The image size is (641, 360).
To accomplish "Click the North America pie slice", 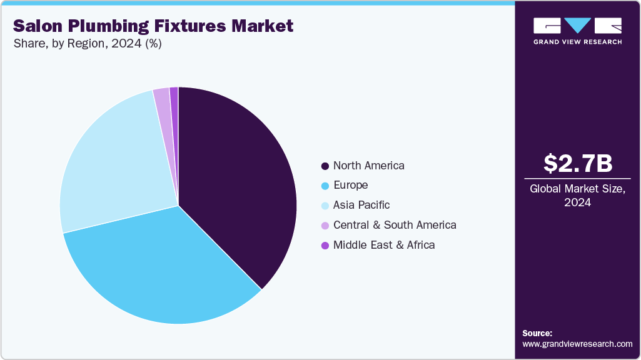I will (238, 181).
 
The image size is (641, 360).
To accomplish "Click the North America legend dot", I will (325, 166).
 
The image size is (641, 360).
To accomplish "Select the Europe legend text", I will (350, 186).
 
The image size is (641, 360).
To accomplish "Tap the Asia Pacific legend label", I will (361, 205).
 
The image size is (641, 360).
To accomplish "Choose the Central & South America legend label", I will (395, 225).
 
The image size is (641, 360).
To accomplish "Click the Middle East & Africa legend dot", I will (325, 246).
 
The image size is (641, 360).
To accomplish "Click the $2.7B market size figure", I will (577, 164).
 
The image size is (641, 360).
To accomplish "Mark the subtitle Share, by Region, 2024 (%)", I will (87, 44).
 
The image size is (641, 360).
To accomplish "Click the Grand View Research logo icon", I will (577, 26).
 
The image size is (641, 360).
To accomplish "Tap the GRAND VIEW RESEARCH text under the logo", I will (577, 42).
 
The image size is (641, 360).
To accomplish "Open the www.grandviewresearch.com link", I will (577, 344).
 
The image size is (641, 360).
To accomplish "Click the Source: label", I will (537, 333).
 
